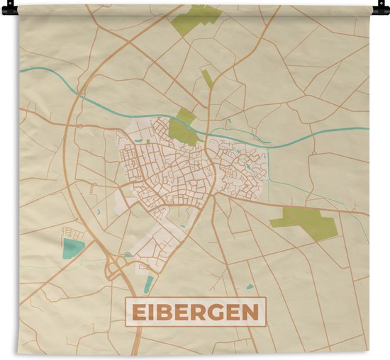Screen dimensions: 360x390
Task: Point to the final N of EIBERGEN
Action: [250, 313]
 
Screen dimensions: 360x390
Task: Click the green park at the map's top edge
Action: [195, 17]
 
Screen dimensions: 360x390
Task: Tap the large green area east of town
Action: [305, 221]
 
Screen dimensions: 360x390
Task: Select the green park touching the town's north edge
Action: [183, 128]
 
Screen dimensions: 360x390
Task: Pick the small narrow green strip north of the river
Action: [207, 78]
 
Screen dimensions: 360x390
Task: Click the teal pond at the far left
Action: [72, 248]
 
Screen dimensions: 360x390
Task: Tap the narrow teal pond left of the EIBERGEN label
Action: [148, 284]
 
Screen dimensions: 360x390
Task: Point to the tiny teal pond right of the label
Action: [250, 287]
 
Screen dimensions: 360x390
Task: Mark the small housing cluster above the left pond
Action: [73, 232]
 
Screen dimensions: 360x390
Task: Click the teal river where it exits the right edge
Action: [365, 128]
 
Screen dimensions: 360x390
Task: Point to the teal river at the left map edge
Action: [23, 69]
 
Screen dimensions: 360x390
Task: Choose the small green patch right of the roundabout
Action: [128, 254]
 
